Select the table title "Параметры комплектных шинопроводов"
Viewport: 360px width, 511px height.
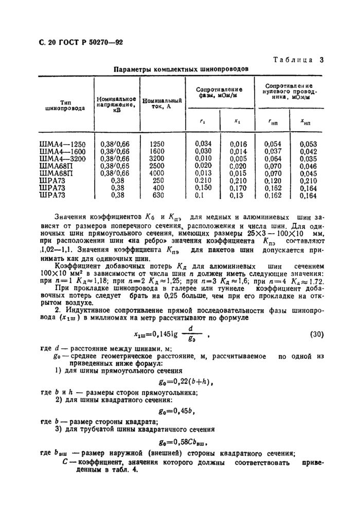182,69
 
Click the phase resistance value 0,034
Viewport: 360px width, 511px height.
204,145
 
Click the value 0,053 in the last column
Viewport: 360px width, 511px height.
308,145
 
